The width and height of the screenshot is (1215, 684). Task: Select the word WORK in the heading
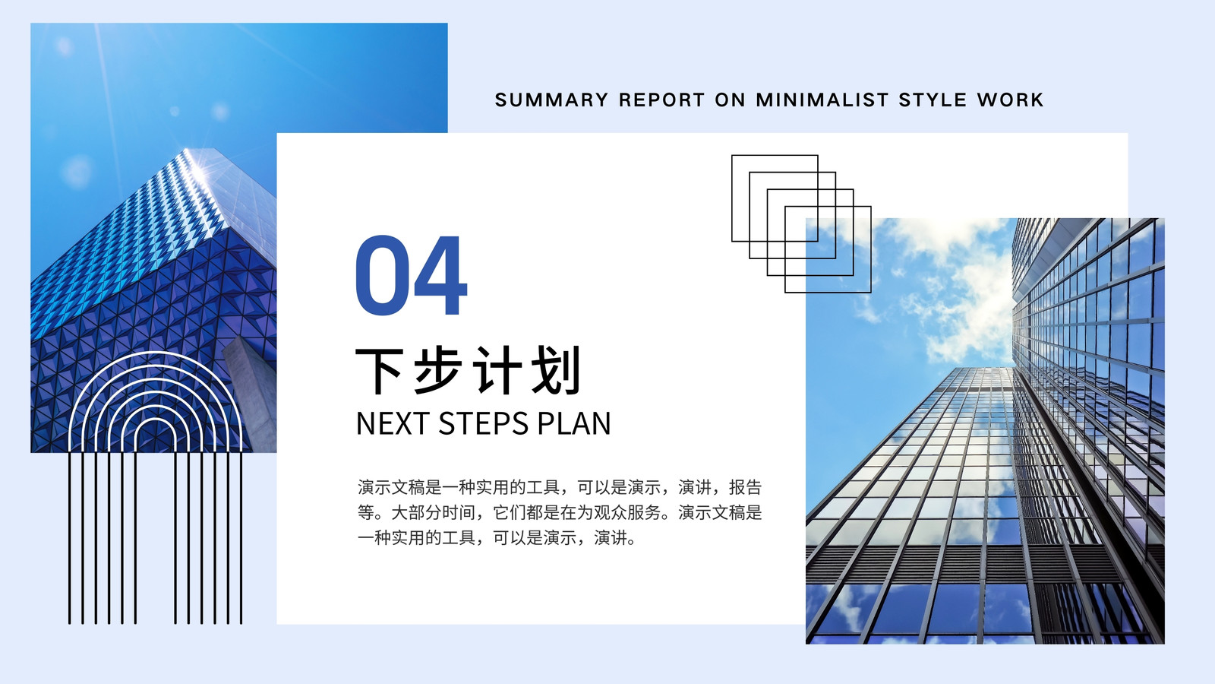pos(1010,100)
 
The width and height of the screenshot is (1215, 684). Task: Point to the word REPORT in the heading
pos(661,100)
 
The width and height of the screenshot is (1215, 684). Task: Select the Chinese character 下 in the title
pos(380,371)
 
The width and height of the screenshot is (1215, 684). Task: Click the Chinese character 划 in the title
pos(556,371)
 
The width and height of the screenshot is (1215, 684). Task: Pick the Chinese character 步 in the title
pos(438,371)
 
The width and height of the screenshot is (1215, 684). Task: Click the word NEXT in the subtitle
pos(392,423)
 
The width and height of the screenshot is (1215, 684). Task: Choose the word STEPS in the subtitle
pos(483,423)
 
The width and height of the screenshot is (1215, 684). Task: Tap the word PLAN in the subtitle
pos(575,423)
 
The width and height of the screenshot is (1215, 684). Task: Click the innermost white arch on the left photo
pos(155,419)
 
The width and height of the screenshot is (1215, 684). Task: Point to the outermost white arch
pos(155,353)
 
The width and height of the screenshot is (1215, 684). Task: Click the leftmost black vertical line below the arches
pos(69,537)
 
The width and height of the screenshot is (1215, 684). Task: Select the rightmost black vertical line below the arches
pos(241,537)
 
